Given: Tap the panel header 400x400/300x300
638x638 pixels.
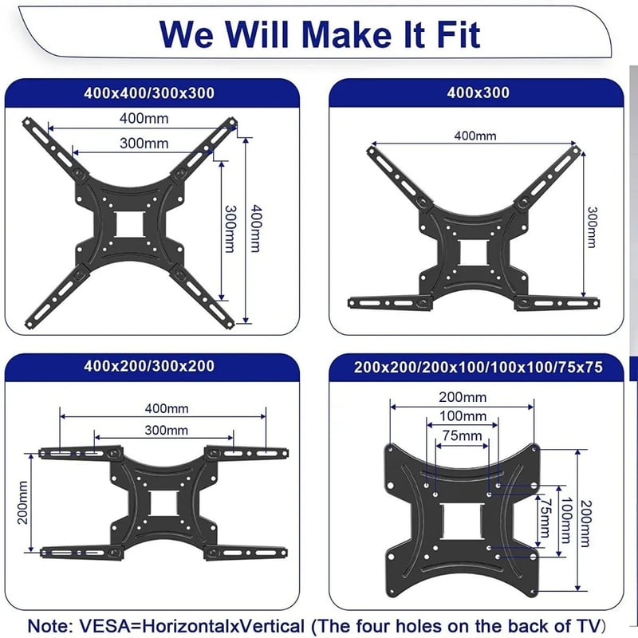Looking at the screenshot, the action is tap(149, 93).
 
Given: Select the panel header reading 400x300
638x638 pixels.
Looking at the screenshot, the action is tap(478, 93).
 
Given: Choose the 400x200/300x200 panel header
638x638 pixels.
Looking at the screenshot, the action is tap(149, 366).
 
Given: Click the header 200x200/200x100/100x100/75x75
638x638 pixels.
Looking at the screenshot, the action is tap(478, 367).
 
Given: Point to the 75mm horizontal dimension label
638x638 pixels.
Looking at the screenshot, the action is tap(462, 435).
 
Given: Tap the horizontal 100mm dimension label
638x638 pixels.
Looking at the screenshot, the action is tap(463, 416).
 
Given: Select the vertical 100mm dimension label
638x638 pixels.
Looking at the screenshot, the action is tap(565, 521).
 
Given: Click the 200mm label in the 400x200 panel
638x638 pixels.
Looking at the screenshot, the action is tap(23, 502).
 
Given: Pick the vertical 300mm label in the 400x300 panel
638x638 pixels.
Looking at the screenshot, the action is tap(593, 227).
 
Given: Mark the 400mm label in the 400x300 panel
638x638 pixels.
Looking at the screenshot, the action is tap(475, 136).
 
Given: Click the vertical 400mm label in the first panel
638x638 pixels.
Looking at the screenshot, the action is tap(255, 228).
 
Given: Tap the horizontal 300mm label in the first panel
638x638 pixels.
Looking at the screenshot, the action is tap(144, 144).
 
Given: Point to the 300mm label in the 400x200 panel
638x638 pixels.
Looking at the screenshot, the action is tap(167, 430).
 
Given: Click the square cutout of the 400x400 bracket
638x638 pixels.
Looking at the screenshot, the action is tap(130, 224).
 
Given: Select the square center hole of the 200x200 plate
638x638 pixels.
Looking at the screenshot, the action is tap(463, 522).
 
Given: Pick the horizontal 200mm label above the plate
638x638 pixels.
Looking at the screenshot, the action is tap(463, 397).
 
